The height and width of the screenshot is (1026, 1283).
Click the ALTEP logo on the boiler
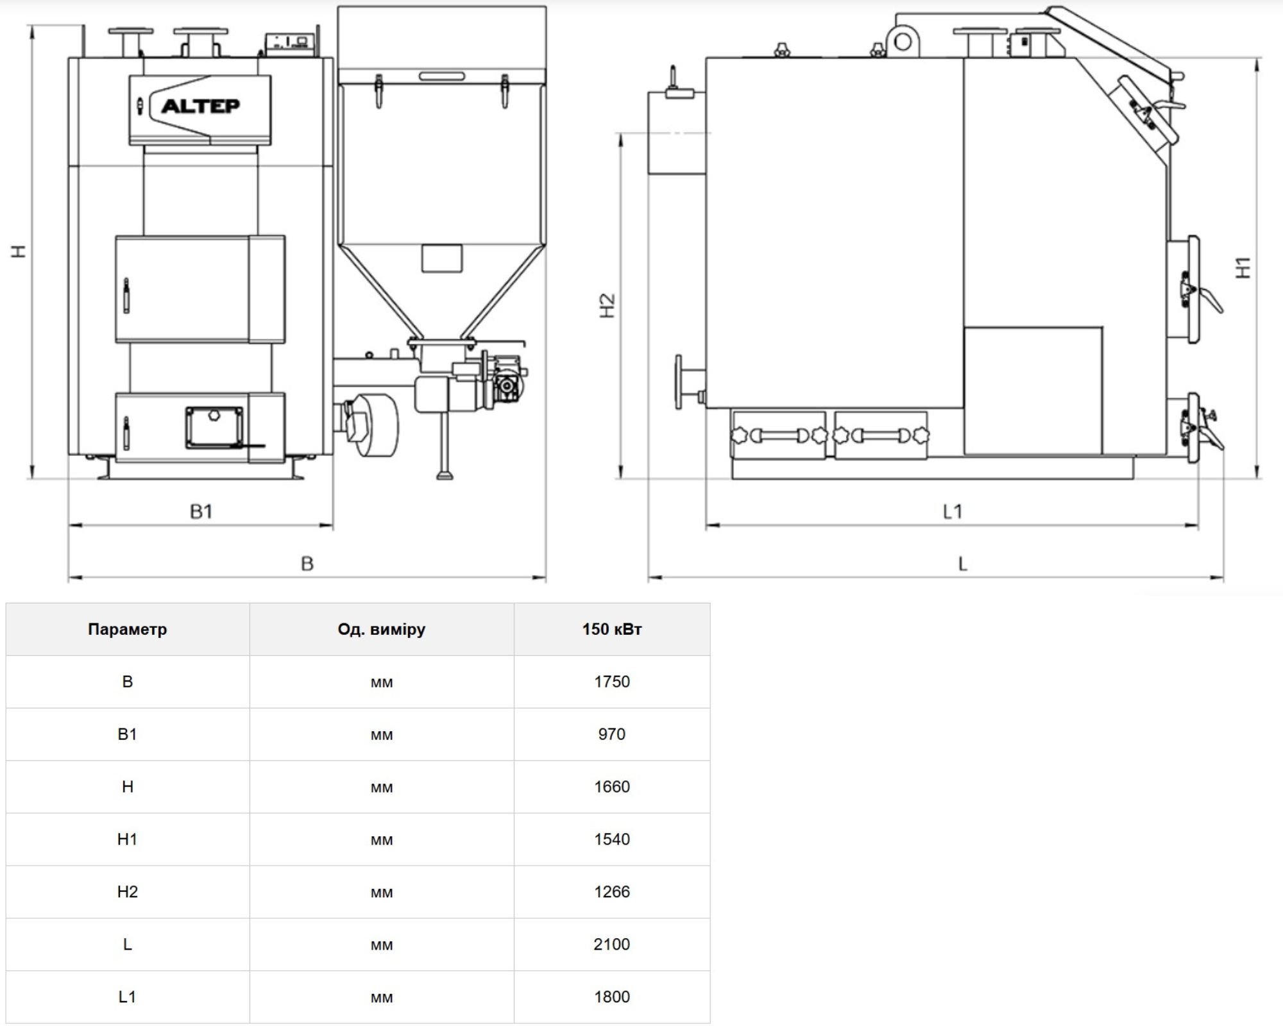point(201,105)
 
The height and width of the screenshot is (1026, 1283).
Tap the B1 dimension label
point(201,511)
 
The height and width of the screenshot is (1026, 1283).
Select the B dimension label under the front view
point(307,564)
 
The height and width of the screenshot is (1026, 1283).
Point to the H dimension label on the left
point(20,251)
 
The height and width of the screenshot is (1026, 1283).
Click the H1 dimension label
point(1243,267)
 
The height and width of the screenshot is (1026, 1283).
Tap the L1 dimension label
point(953,511)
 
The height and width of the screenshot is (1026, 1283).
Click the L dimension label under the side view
point(962,564)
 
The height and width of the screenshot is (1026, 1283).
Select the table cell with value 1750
point(612,682)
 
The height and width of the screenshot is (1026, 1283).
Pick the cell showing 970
point(612,734)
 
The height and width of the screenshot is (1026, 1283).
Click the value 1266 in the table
point(612,892)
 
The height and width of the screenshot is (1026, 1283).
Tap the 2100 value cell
point(612,945)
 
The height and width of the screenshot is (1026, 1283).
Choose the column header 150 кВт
point(612,629)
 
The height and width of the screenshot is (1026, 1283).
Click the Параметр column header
point(128,629)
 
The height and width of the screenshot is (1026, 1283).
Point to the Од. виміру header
point(382,629)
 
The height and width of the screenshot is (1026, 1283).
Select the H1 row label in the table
point(128,839)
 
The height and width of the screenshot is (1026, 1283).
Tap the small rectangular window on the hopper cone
point(442,258)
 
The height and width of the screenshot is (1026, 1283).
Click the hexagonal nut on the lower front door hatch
point(214,416)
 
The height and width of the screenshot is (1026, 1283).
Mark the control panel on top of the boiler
point(290,42)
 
